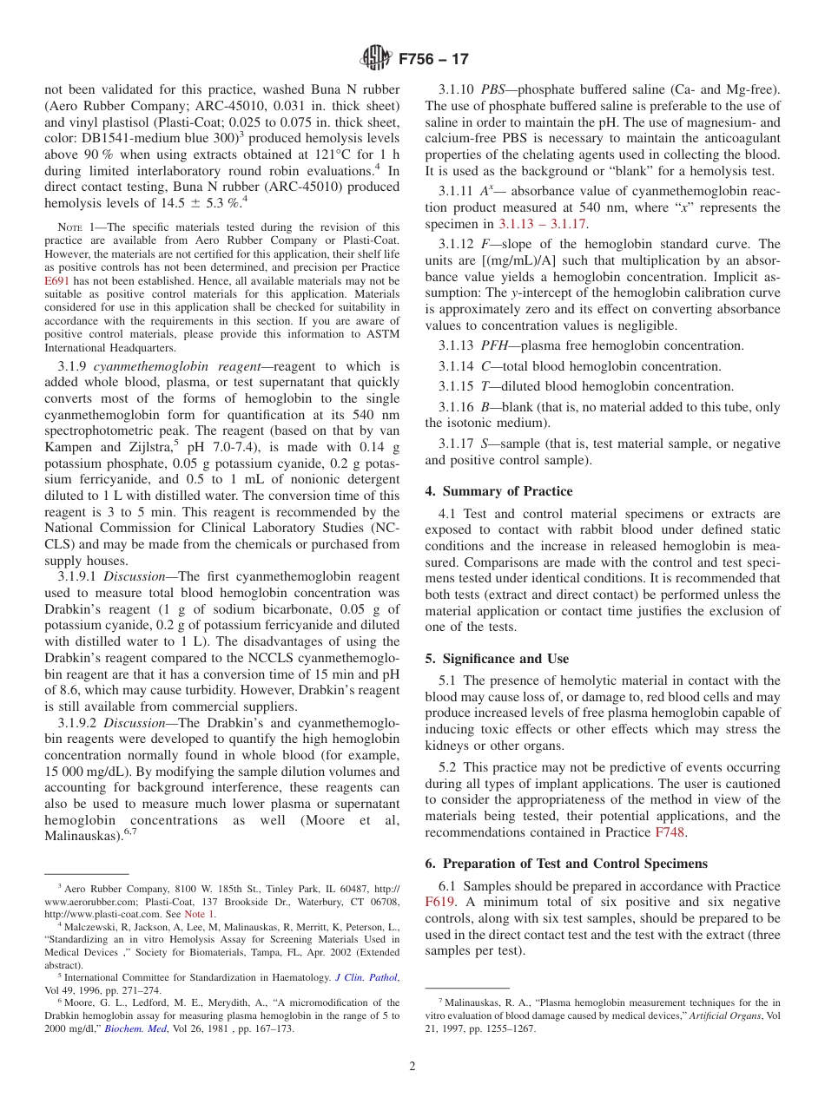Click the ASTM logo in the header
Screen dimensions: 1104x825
coord(376,59)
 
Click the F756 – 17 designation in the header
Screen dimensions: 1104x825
coord(433,60)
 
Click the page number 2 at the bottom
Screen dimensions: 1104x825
coord(412,1067)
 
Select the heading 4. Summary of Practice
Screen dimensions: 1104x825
coord(498,491)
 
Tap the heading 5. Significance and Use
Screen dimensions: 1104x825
coord(497,659)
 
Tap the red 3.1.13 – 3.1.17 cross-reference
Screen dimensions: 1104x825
coord(543,224)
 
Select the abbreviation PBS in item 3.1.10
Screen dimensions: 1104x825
coord(494,90)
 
